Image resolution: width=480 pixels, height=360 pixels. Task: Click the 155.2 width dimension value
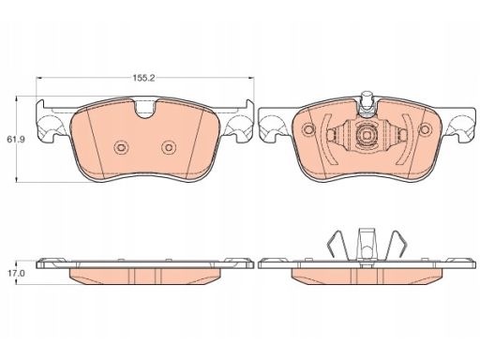click(144, 78)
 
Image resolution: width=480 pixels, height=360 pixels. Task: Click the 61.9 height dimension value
click(16, 140)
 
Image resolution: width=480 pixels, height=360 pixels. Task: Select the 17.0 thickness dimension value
click(15, 273)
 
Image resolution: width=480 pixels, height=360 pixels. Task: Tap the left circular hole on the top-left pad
click(121, 147)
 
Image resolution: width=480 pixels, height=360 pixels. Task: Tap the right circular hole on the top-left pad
click(169, 147)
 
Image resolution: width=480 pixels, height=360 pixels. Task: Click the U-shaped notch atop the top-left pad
click(145, 110)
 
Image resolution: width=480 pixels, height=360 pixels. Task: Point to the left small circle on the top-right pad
click(309, 129)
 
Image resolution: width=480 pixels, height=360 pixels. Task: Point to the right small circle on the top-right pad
click(426, 129)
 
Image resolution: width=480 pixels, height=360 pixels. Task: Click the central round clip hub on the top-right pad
click(367, 135)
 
